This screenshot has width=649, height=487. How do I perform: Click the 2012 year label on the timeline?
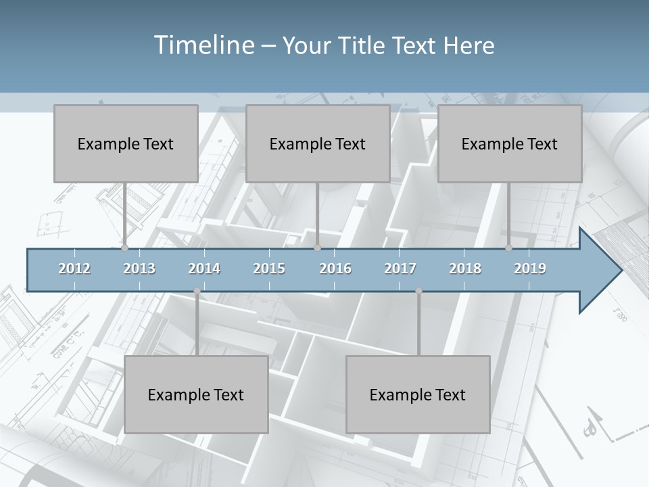[74, 269]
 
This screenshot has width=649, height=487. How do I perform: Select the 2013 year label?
[139, 269]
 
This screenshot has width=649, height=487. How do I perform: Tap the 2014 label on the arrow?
[204, 269]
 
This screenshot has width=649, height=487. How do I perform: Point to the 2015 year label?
[269, 269]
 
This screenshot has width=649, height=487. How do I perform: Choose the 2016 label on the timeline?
[335, 269]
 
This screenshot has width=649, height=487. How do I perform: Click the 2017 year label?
[400, 269]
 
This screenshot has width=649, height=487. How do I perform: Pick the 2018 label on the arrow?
[465, 269]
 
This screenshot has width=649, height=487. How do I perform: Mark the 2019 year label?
[530, 269]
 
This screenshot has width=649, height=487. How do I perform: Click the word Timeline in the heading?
[203, 45]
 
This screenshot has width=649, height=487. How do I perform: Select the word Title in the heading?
[364, 45]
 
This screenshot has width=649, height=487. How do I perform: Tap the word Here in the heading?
[468, 45]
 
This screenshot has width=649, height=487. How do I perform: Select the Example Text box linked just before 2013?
[126, 143]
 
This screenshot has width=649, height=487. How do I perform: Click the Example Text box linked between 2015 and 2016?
[318, 143]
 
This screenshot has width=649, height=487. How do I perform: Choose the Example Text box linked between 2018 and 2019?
[510, 143]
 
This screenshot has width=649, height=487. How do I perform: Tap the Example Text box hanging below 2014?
[196, 394]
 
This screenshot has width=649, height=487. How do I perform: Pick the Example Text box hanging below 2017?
[418, 394]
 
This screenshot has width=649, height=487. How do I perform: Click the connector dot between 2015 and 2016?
[317, 248]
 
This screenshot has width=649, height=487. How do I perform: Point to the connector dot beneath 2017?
[418, 291]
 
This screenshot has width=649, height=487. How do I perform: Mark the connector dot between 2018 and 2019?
[508, 248]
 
